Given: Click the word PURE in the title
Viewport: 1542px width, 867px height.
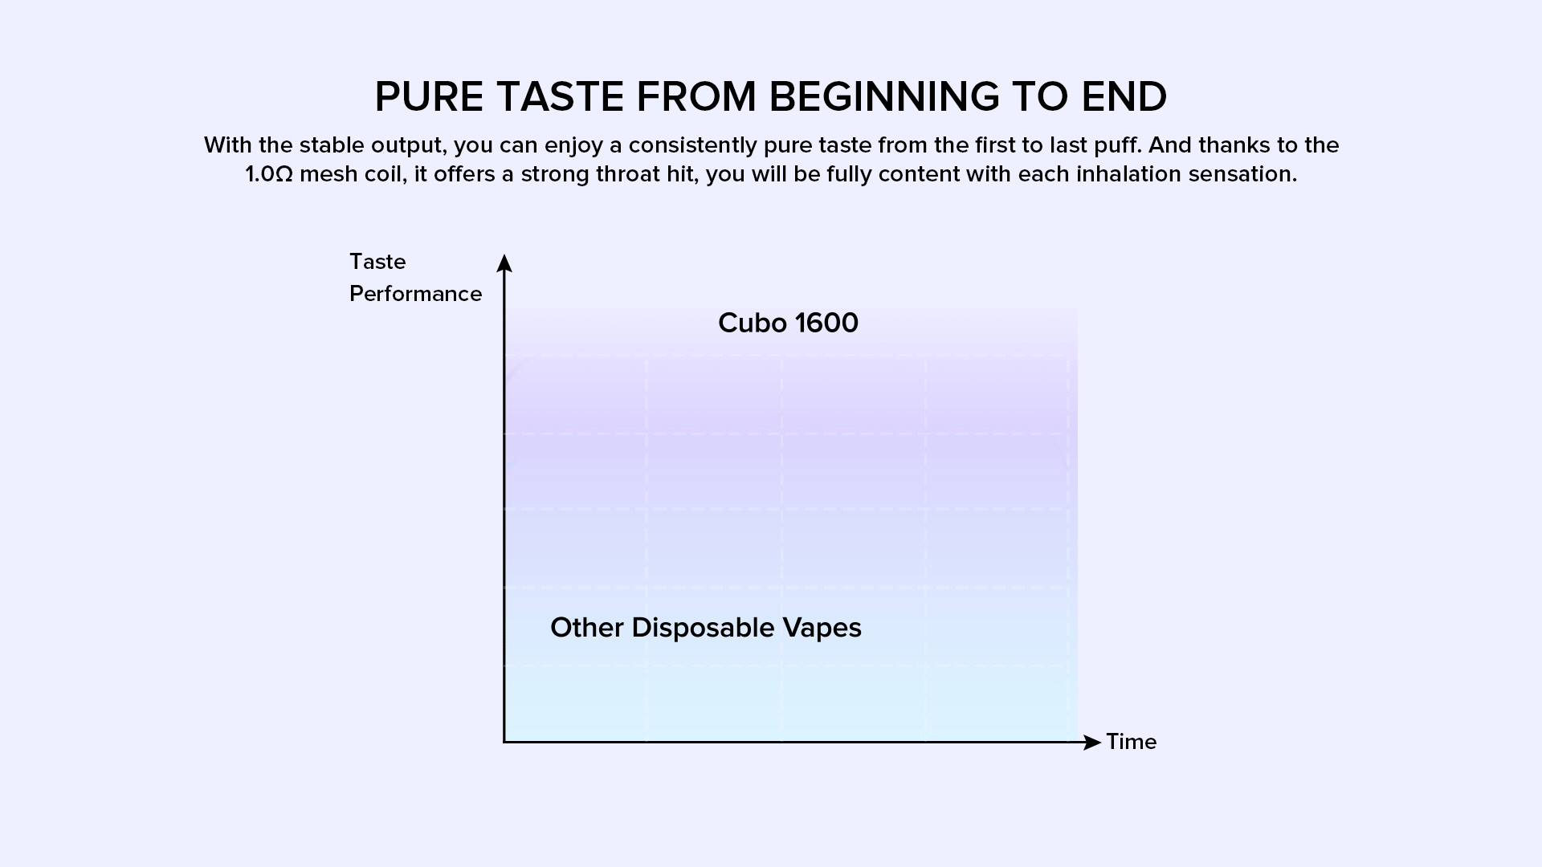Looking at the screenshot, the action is pyautogui.click(x=430, y=97).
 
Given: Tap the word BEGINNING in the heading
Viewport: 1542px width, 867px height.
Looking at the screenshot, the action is pyautogui.click(x=884, y=97).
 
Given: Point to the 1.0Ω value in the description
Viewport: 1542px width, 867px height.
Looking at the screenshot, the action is pyautogui.click(x=269, y=174).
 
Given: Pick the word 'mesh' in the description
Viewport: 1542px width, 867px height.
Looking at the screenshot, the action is pyautogui.click(x=324, y=174).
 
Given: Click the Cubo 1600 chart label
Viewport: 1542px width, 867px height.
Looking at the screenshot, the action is pyautogui.click(x=788, y=323).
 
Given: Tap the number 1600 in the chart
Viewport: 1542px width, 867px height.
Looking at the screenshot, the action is pyautogui.click(x=826, y=323).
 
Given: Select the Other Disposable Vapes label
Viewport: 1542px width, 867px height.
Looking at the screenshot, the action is pyautogui.click(x=706, y=628).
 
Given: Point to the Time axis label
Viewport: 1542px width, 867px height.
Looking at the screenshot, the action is pyautogui.click(x=1132, y=742).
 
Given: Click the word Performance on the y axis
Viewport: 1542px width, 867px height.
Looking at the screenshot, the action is pyautogui.click(x=416, y=294).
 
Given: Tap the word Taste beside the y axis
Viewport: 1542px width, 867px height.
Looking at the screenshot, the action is pyautogui.click(x=377, y=262).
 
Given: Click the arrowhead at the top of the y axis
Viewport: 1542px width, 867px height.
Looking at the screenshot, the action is pyautogui.click(x=504, y=263).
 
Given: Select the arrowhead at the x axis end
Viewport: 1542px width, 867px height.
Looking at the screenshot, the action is pyautogui.click(x=1092, y=743).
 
